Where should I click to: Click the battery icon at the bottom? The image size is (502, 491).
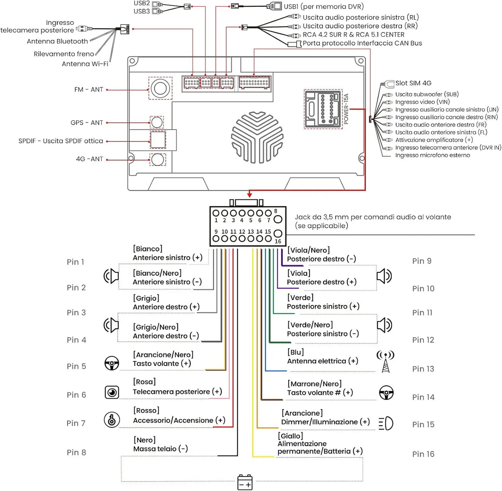(x=245, y=482)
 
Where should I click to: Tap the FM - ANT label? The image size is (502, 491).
(x=89, y=89)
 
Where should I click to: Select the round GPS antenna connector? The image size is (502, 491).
(x=157, y=122)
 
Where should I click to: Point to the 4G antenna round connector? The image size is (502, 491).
(x=158, y=160)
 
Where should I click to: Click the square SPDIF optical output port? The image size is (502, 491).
(x=158, y=140)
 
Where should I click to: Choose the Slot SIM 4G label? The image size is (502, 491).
(x=413, y=83)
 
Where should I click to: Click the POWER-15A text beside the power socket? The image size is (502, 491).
(x=346, y=109)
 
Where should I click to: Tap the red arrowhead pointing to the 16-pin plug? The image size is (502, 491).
(x=250, y=194)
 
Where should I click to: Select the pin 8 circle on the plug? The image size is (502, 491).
(x=278, y=219)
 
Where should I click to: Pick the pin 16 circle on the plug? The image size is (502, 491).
(x=278, y=233)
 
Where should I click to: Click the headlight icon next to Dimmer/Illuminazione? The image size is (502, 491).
(x=386, y=424)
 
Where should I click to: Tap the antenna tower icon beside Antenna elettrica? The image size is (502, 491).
(x=385, y=361)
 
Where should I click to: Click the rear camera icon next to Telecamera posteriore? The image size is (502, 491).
(x=112, y=392)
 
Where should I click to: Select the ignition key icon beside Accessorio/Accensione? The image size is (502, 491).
(x=112, y=420)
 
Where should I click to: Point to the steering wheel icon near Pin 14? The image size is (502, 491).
(x=387, y=393)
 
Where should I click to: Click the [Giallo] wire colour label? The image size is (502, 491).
(x=290, y=436)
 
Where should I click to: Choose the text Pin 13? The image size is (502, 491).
(x=423, y=369)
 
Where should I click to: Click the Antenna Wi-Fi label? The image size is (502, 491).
(x=85, y=64)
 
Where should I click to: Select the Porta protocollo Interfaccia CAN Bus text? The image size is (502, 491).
(x=362, y=43)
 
